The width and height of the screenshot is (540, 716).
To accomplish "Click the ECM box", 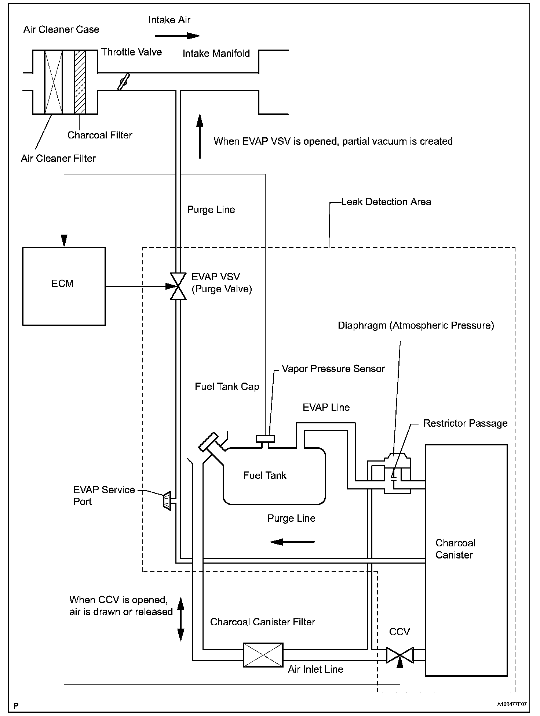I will coord(64,286).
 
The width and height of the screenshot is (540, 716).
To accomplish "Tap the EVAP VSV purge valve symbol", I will coord(178,286).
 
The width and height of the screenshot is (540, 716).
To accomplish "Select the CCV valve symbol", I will coord(400,655).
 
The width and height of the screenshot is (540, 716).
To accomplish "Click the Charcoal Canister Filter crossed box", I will coord(263,655).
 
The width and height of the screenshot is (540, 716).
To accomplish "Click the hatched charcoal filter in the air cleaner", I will coord(80,82).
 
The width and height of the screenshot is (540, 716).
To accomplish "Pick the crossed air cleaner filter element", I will coord(54,82).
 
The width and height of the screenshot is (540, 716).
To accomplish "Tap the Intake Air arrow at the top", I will coord(177,36).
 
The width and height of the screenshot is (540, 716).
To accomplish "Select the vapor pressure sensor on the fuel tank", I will coord(265,438).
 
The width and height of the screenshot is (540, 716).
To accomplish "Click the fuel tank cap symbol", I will coord(208,442).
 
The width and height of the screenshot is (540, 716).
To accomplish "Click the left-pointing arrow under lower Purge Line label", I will coord(292,542).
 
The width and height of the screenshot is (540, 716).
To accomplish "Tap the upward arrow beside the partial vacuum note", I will coord(200,136).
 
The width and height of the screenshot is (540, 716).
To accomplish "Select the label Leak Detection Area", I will coord(386,202).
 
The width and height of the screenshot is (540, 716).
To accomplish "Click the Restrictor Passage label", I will coord(465,423).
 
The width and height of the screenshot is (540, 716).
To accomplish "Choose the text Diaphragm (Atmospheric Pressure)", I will coord(416,325).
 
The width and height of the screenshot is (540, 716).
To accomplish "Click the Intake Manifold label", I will coord(216,54).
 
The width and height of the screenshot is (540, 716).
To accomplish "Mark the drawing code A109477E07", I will coord(512,704).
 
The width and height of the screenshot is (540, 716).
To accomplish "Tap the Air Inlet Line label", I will coord(315,669).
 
